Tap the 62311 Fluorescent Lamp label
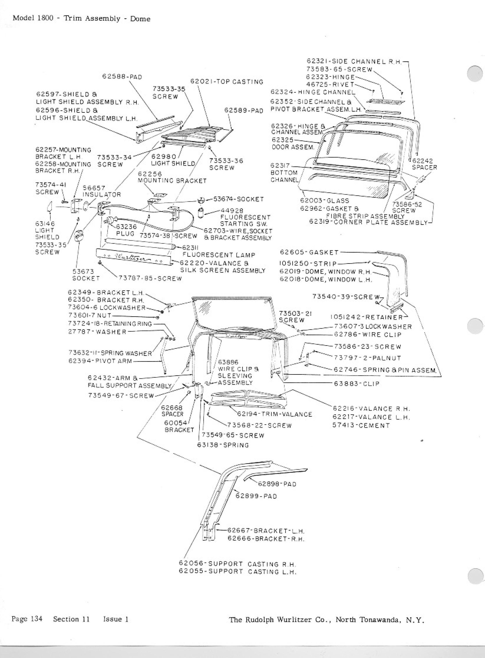(x=219, y=251)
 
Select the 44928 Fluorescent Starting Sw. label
(x=245, y=218)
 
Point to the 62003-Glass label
(x=324, y=200)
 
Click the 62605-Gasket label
(x=310, y=252)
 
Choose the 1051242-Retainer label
(x=367, y=317)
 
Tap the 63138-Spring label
(x=223, y=445)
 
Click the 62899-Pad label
(x=256, y=496)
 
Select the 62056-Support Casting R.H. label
(x=237, y=564)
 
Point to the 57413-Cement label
(x=361, y=425)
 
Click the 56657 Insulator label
(x=102, y=191)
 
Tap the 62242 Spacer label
(x=424, y=164)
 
